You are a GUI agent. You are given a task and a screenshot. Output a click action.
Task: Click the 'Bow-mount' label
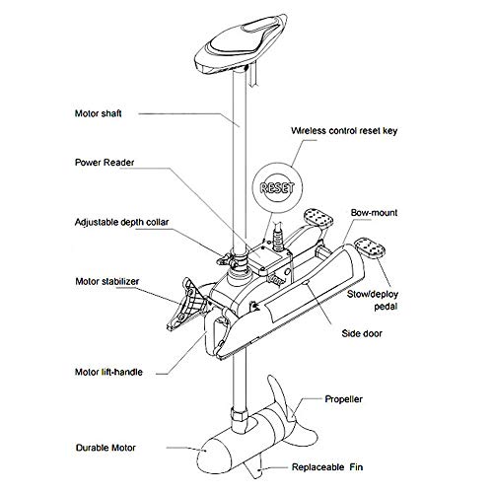(377, 212)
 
